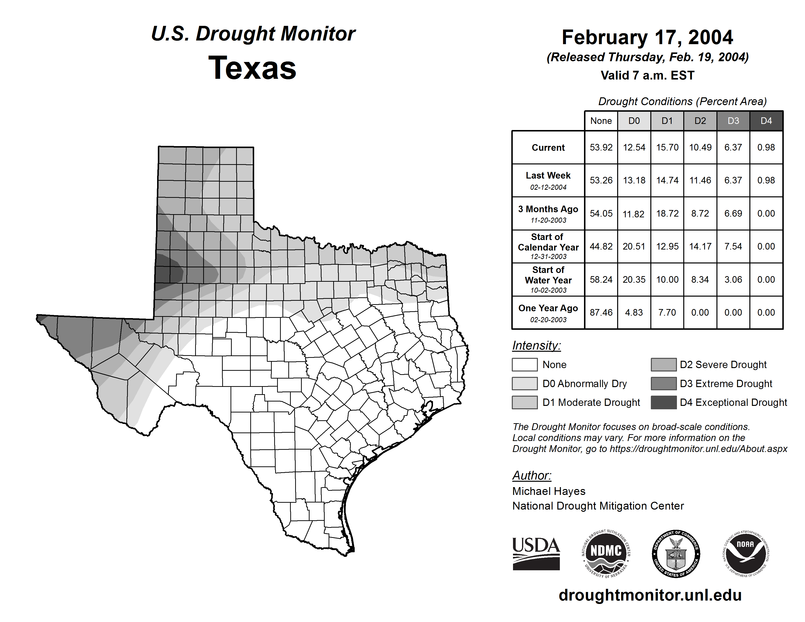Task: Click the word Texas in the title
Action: coord(252,68)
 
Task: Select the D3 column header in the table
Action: coord(733,121)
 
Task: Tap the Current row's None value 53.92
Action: coord(601,147)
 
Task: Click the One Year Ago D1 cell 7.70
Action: coord(667,312)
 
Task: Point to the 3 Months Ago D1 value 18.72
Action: coord(667,213)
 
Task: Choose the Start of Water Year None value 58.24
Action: coord(601,280)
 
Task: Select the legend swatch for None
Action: coord(524,364)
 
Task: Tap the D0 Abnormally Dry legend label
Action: coord(584,384)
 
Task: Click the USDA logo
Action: coord(536,553)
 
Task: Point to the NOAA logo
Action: coord(745,553)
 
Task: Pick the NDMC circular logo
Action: coord(606,553)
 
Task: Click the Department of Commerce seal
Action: coord(676,553)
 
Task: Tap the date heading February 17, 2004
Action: coord(647,38)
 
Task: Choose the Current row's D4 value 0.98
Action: coord(766,147)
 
